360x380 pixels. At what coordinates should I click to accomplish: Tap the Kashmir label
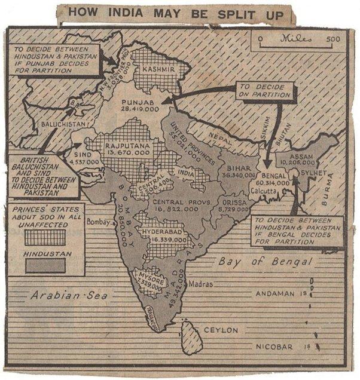coord(158,70)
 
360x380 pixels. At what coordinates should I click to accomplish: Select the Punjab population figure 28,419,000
coord(142,110)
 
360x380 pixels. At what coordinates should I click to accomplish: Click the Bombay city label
coord(100,222)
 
